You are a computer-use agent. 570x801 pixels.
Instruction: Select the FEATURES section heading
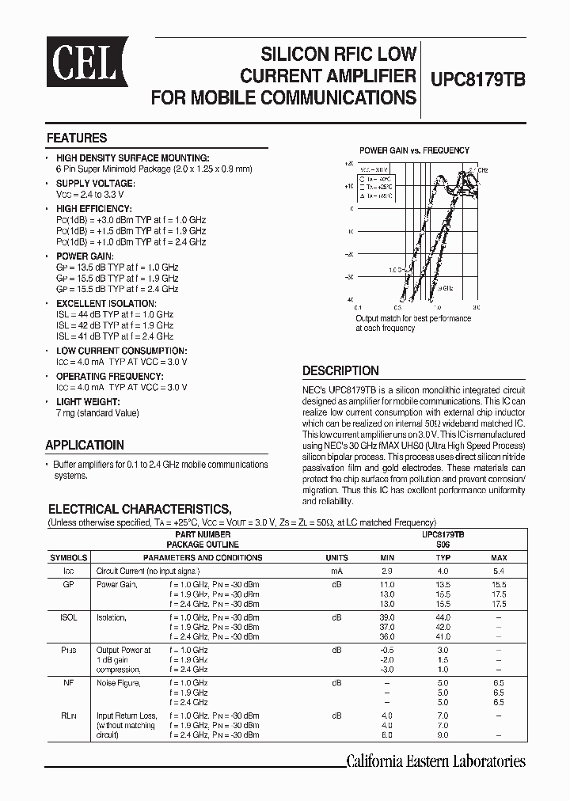click(77, 138)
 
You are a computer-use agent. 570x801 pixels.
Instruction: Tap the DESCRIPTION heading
click(340, 370)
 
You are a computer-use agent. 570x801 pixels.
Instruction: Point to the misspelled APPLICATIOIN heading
click(85, 445)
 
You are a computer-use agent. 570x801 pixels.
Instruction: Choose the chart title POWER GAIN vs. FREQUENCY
click(414, 150)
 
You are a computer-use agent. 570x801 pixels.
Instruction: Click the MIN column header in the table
click(387, 557)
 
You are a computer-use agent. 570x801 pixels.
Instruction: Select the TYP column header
click(443, 557)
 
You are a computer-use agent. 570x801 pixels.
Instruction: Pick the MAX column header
click(499, 557)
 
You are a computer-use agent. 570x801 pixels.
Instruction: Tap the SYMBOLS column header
click(68, 557)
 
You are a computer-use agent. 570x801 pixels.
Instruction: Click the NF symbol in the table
click(68, 681)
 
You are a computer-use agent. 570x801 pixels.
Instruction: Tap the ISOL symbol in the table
click(68, 617)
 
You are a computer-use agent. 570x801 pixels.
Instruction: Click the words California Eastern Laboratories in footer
click(436, 761)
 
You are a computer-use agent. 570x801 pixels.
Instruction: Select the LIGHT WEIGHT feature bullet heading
click(86, 402)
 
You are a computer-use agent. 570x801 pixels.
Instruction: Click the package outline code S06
click(443, 545)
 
